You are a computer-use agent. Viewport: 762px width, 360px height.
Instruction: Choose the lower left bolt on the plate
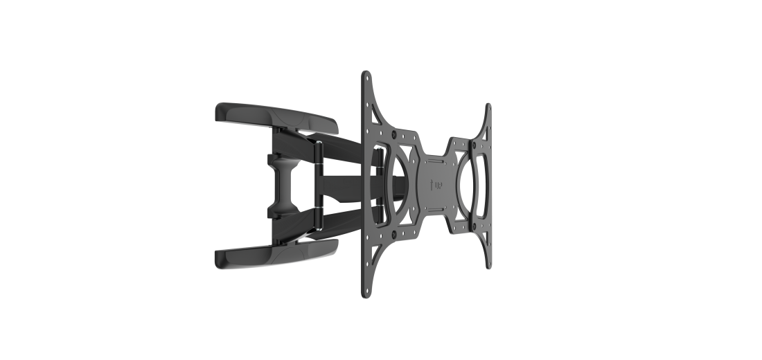[395, 236]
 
